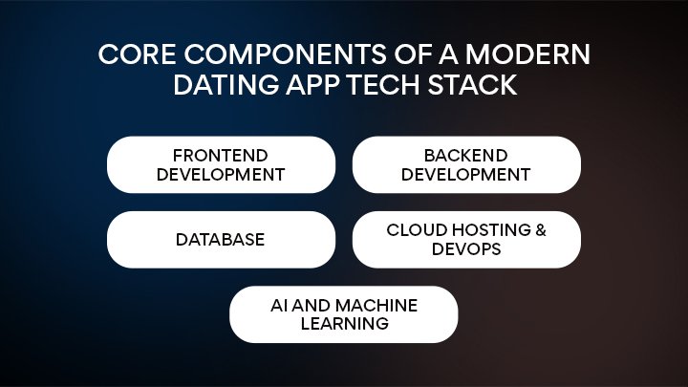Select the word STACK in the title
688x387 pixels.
(478, 85)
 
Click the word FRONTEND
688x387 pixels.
(220, 155)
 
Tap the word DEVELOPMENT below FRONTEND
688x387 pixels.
(220, 174)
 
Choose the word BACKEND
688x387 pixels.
(465, 155)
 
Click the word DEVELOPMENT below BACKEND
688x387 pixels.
(465, 174)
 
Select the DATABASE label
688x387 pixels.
(220, 239)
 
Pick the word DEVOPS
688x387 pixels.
(465, 248)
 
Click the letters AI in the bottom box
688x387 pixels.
(278, 305)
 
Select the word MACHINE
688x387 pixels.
(378, 305)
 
